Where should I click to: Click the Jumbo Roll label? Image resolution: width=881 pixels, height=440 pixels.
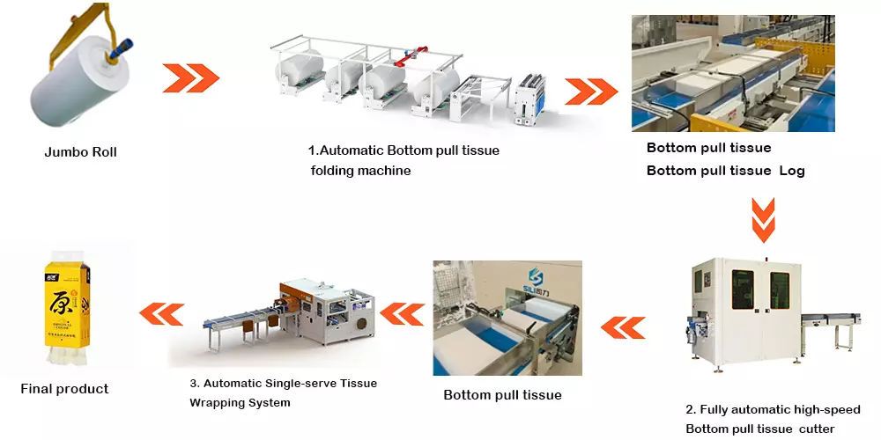click(80, 152)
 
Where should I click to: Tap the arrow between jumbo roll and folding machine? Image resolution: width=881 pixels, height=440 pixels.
click(190, 77)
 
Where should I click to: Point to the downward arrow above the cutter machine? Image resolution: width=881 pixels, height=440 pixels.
click(762, 220)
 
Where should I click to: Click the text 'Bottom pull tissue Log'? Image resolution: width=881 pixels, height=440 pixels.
click(725, 171)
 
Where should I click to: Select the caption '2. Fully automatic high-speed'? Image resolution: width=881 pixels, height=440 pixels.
click(773, 409)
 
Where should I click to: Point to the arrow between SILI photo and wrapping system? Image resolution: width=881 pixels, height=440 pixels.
click(401, 312)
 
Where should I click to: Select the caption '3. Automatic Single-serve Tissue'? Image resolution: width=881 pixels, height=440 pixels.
click(284, 384)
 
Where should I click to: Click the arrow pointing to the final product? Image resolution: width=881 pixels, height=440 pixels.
click(162, 312)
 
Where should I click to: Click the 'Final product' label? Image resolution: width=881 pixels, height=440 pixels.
click(64, 388)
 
